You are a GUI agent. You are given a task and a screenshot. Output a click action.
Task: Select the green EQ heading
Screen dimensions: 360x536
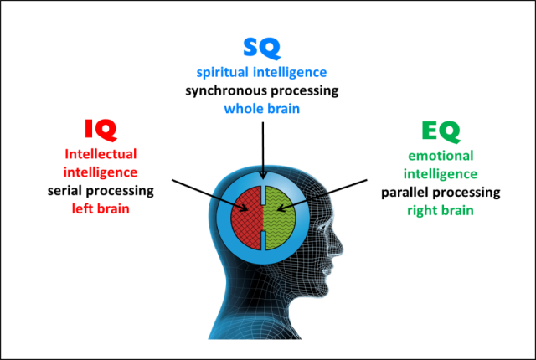[x=439, y=131]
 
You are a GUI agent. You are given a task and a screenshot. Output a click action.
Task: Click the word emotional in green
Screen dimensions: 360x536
[x=440, y=156]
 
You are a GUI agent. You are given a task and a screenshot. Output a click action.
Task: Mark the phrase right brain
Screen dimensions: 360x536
[x=441, y=211]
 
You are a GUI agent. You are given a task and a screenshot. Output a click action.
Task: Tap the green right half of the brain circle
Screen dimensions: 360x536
[x=286, y=219]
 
